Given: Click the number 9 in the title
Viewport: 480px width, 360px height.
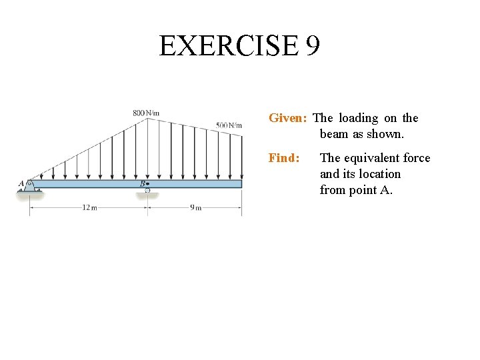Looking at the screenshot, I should click(313, 46).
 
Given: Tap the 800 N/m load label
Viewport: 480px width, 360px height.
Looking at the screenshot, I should click(146, 113).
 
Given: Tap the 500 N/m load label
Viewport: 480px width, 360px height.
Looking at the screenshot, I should click(229, 125).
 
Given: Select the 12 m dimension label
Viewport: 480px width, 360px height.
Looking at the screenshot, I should click(89, 207).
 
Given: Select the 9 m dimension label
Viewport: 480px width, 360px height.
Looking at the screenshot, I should click(195, 207).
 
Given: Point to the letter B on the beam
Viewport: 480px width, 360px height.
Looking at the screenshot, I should click(142, 183).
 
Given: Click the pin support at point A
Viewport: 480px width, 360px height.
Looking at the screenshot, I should click(30, 186).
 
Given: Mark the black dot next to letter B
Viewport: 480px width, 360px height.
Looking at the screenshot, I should click(147, 183).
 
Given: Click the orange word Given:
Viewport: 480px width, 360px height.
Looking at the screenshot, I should click(287, 118).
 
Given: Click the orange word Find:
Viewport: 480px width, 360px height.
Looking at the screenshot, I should click(284, 158).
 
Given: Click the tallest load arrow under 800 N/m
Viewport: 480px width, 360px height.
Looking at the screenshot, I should click(147, 149).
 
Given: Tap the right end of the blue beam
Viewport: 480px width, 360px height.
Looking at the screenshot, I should click(240, 183).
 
